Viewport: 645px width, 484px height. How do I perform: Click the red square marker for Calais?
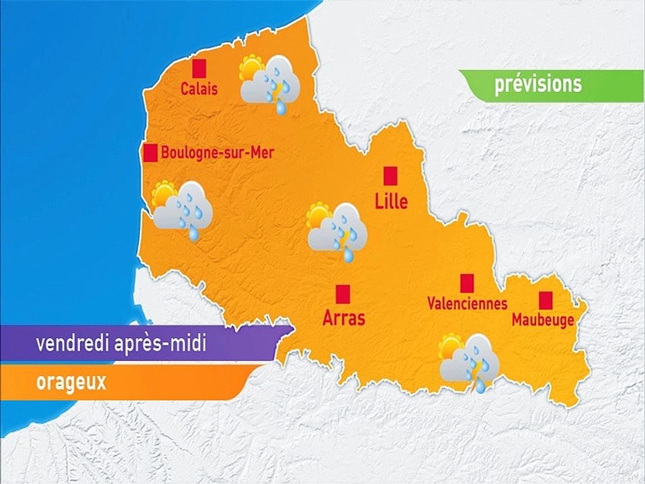point(199,68)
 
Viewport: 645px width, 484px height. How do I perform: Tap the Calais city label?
point(199,89)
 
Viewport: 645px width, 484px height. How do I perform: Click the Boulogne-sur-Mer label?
point(218,153)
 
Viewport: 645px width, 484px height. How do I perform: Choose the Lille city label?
point(391,200)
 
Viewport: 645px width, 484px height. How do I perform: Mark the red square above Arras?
point(343,293)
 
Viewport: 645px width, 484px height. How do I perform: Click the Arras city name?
point(343,317)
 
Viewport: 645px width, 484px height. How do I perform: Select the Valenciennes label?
point(467,304)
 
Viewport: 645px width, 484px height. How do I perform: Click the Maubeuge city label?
point(543,321)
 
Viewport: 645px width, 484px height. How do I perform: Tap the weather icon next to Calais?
point(269,83)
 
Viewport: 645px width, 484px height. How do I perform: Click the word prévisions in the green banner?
point(537,85)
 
